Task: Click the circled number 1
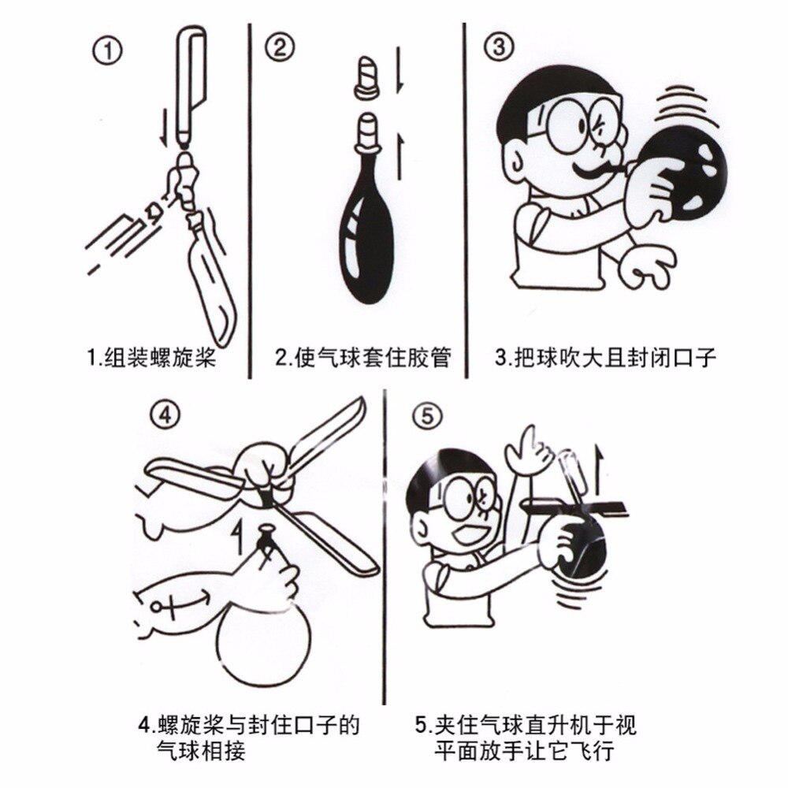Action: [x=108, y=53]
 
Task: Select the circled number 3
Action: [x=498, y=48]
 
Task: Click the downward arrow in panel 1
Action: [x=163, y=127]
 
